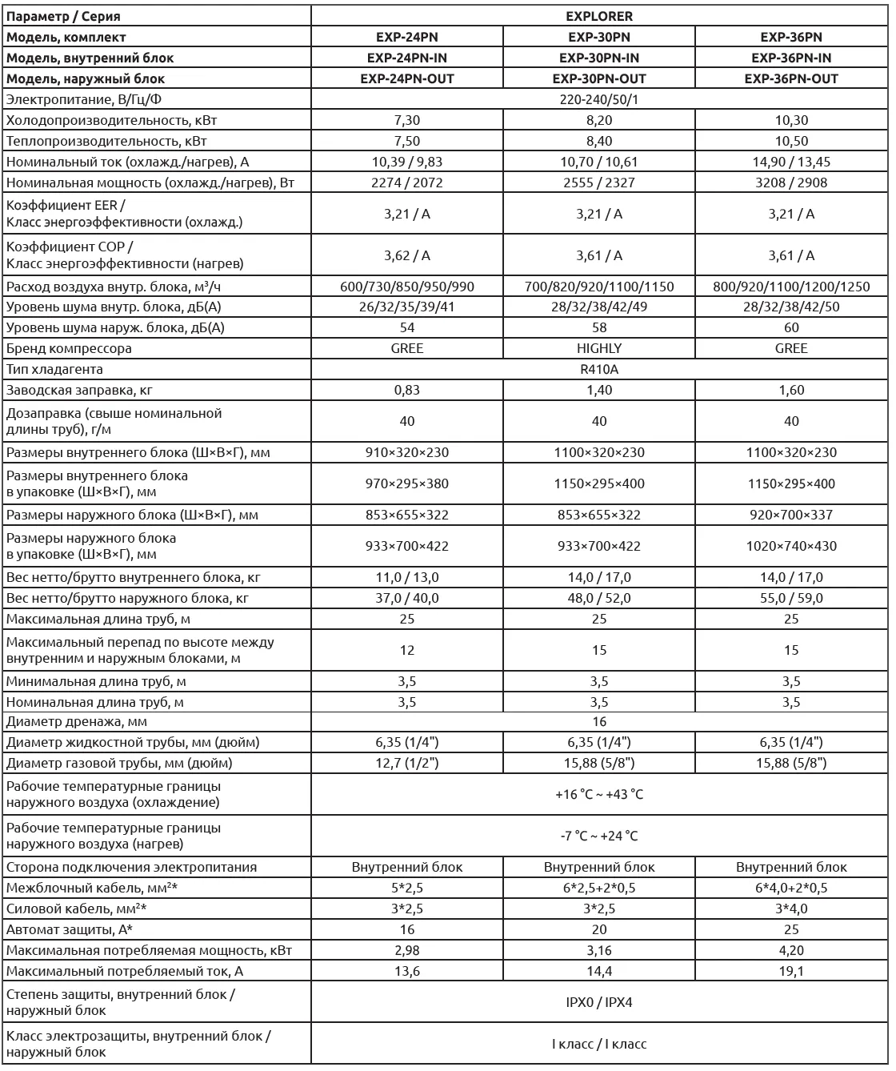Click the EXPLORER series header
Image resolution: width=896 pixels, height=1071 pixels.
[599, 16]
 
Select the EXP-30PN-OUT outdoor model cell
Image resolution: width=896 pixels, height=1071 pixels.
[599, 78]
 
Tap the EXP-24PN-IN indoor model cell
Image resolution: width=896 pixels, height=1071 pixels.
[407, 58]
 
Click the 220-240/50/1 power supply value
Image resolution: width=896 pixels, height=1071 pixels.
[599, 99]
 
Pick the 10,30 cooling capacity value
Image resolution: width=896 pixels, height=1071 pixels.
[791, 120]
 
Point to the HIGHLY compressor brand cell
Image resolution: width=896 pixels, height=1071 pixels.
[599, 348]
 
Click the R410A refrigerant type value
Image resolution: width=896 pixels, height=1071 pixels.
[599, 369]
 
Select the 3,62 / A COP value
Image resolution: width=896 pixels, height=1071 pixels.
[407, 255]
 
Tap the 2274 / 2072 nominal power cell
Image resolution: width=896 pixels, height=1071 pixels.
[407, 183]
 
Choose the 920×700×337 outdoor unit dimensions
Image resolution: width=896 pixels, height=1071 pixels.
[791, 515]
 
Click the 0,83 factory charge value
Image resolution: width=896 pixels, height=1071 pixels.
[407, 390]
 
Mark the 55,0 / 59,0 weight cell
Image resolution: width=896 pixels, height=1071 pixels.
[791, 598]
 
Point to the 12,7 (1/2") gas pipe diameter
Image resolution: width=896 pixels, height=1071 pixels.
[407, 763]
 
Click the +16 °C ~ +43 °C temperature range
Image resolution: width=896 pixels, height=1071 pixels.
[599, 795]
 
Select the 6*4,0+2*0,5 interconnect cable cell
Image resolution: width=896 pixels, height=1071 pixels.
[791, 888]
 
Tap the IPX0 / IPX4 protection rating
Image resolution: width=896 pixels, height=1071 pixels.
[599, 1002]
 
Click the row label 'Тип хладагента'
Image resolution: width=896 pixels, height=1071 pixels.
[54, 369]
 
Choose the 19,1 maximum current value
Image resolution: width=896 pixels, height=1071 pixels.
[791, 971]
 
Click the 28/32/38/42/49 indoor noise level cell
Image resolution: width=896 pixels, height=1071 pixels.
[599, 307]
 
